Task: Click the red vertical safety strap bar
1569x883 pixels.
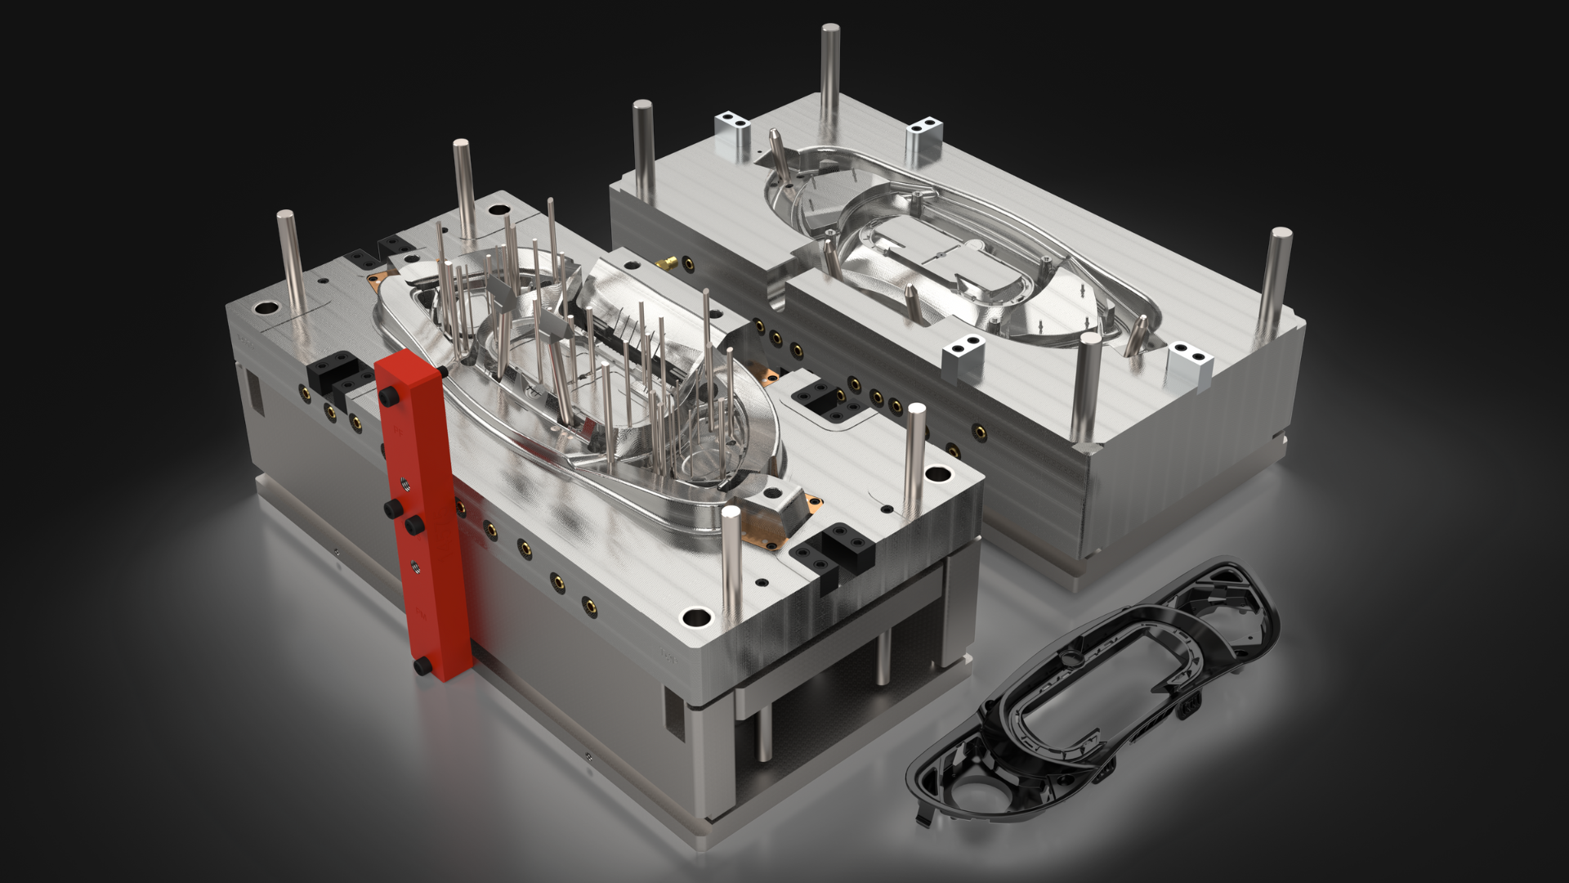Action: [x=425, y=523]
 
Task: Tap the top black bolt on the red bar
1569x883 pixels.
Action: [x=389, y=397]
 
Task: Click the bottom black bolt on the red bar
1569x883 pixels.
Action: [x=423, y=666]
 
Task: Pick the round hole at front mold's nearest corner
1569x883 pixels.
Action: [x=695, y=617]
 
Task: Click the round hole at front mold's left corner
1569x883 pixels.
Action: [x=266, y=309]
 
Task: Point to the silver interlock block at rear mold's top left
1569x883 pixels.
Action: [x=733, y=135]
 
